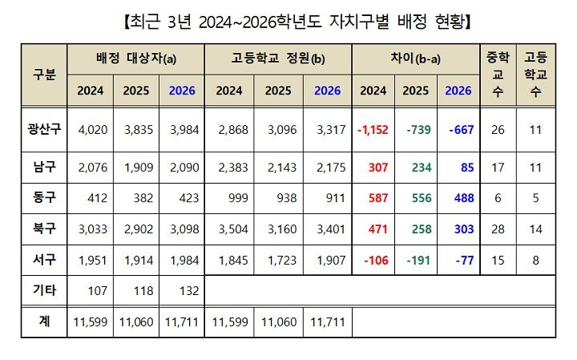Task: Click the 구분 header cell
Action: pos(44,75)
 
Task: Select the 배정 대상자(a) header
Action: pos(136,59)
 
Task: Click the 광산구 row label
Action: pos(44,130)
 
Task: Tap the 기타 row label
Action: pos(44,290)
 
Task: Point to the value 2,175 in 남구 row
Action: pos(327,168)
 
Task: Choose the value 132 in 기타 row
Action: pos(182,290)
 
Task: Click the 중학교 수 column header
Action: pos(497,75)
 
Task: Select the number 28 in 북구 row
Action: pos(497,229)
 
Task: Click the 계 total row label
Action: pos(44,322)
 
